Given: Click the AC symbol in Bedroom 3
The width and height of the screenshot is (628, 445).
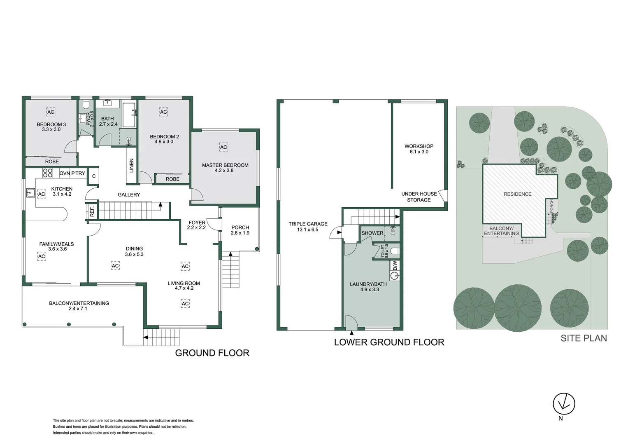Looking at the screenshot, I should [x=51, y=112].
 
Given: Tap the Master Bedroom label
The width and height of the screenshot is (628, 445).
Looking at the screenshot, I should [x=225, y=165].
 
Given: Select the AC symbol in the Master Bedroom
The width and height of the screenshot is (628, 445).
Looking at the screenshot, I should [x=223, y=147].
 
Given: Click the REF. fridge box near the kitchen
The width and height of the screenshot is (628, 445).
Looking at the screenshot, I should [x=92, y=211].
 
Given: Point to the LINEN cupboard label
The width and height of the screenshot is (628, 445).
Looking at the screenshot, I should [x=132, y=165].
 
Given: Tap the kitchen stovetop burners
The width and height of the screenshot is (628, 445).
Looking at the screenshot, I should [x=48, y=173].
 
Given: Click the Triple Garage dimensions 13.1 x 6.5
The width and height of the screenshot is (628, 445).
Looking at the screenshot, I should [x=308, y=230].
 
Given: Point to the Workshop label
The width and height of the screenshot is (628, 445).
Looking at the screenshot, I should [x=419, y=146].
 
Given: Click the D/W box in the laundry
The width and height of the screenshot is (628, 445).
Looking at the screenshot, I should [x=395, y=265].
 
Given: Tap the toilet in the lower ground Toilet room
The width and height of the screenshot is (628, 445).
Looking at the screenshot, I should [x=394, y=251].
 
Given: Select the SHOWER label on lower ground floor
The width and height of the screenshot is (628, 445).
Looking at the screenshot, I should [x=372, y=233].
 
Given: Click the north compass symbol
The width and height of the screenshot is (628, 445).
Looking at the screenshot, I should [x=563, y=404].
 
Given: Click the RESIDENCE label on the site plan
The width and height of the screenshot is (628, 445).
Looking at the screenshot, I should [x=517, y=194].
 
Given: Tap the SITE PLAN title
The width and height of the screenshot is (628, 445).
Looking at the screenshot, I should [x=584, y=338].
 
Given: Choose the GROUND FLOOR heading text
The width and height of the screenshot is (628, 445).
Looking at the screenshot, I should [x=212, y=353].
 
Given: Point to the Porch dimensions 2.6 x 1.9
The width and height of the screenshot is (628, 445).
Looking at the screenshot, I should [x=240, y=233].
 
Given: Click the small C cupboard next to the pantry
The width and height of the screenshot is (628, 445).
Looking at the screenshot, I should [x=94, y=176].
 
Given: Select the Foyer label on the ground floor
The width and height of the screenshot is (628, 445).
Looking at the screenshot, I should [x=197, y=222].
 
